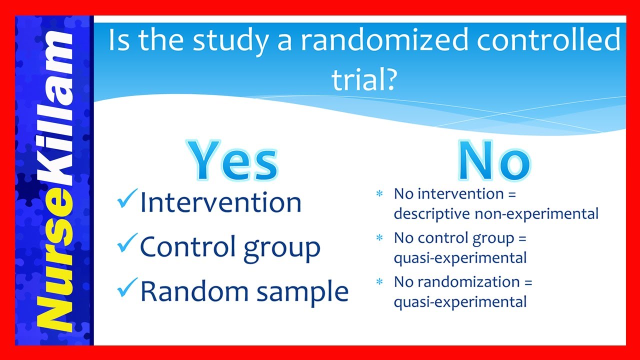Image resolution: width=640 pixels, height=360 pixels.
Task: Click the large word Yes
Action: (x=233, y=160)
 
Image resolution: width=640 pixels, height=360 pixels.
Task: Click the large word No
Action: (x=494, y=160)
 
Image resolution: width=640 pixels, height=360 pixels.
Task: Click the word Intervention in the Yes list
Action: (x=220, y=202)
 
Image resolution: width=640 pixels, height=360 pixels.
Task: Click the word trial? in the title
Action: (x=363, y=80)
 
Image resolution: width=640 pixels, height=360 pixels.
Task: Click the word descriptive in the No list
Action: (x=431, y=214)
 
